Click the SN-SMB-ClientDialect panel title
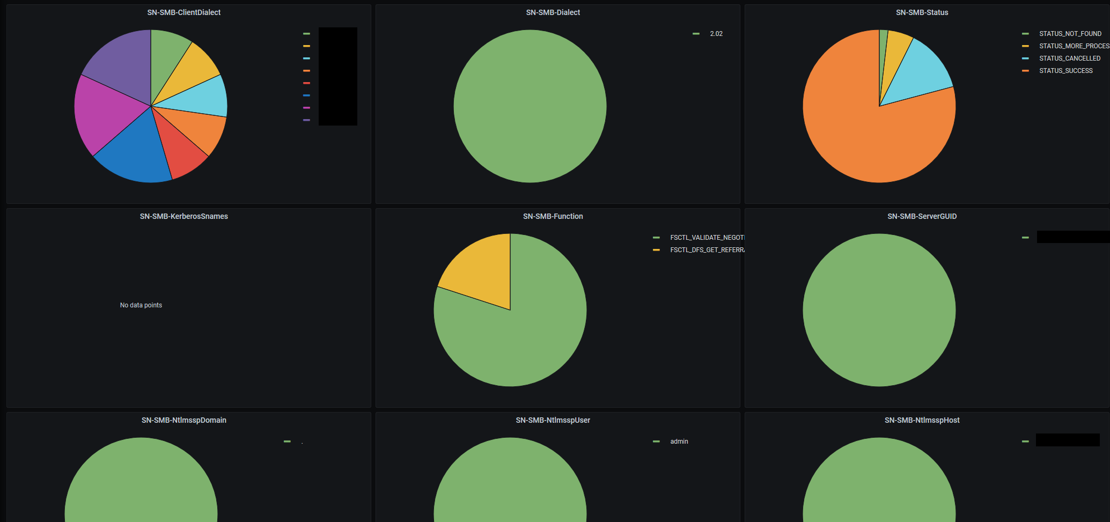point(183,12)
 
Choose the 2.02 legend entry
point(716,34)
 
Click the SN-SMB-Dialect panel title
point(553,12)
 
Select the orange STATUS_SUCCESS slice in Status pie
point(869,139)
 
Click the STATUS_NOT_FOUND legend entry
point(1070,34)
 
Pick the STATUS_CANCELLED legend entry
point(1069,58)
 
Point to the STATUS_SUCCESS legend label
point(1065,71)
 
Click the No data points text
point(141,305)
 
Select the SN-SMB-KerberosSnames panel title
point(183,216)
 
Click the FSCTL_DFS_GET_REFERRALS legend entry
point(707,250)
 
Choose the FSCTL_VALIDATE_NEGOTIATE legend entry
point(707,238)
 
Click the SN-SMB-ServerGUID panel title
point(922,216)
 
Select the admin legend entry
point(679,442)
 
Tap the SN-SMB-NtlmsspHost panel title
point(922,420)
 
